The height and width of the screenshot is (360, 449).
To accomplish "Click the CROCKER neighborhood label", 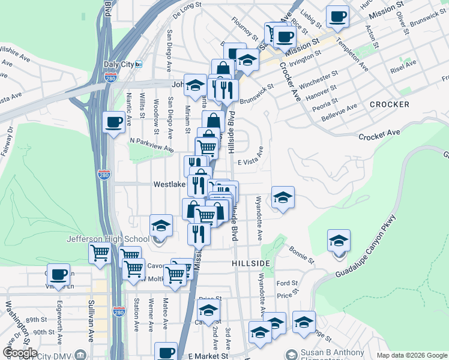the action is (389, 104).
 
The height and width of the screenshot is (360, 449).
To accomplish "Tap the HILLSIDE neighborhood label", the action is (250, 263).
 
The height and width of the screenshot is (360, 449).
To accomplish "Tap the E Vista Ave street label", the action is (250, 162).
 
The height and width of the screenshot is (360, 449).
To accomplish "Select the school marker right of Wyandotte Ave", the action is (282, 197).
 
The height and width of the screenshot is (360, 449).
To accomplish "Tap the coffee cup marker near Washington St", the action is (59, 275).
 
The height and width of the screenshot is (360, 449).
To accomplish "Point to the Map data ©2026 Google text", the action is (411, 355).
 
